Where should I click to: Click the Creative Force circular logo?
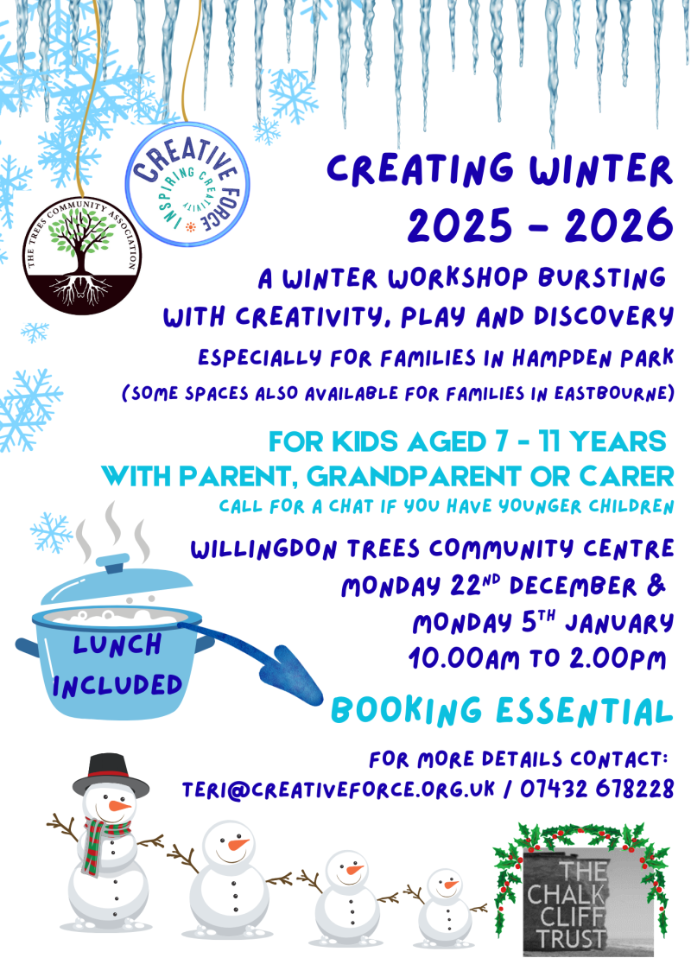tap(187, 185)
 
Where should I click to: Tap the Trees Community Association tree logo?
tap(81, 256)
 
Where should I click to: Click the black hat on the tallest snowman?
tap(111, 775)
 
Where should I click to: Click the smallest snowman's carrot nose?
tap(451, 885)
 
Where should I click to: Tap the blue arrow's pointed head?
tap(296, 676)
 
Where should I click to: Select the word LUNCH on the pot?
tap(117, 644)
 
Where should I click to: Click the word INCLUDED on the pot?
tap(117, 685)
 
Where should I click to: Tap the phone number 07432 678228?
tap(597, 789)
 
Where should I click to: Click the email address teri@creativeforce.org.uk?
tap(339, 790)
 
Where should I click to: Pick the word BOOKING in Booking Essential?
tap(406, 711)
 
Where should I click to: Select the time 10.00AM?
tap(464, 658)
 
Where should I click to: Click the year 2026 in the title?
tap(618, 225)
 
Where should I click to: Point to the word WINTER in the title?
tap(600, 169)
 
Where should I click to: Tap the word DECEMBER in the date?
tap(573, 587)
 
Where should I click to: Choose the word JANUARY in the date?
tap(619, 623)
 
